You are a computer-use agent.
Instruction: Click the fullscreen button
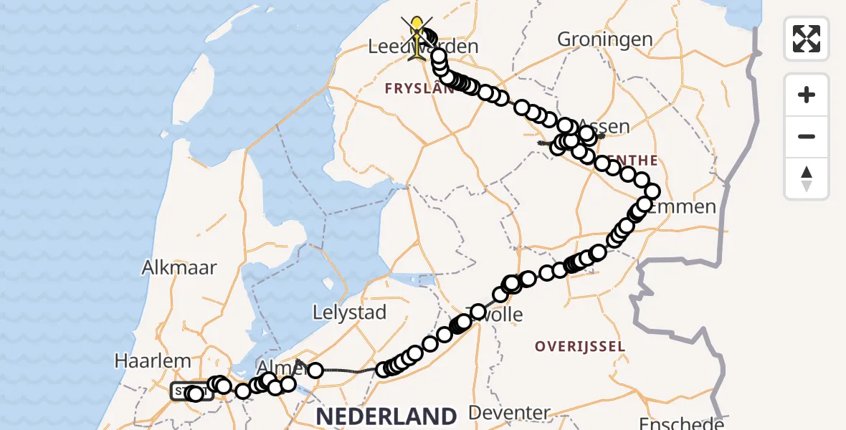807,39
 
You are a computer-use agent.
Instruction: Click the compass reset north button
807,178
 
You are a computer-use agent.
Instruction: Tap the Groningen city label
604,39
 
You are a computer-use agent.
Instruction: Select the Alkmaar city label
179,268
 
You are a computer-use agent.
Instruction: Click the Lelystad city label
350,312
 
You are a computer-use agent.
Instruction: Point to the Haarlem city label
153,361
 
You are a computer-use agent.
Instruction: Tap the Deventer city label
509,413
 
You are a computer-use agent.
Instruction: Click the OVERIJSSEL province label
579,347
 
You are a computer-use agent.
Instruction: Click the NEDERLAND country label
386,416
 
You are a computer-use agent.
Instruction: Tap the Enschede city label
675,423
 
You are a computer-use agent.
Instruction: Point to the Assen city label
603,127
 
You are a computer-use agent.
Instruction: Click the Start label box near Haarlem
191,392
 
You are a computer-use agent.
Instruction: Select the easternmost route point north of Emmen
652,191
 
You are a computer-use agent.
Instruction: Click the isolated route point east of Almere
315,371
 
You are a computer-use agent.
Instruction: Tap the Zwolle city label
495,314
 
